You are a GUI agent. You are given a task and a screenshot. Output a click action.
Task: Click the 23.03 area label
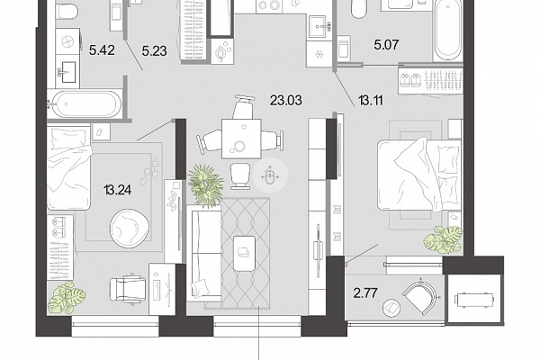click(286, 101)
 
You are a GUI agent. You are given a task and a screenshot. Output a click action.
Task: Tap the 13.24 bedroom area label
click(117, 190)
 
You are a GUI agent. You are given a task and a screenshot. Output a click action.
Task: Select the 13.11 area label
click(371, 101)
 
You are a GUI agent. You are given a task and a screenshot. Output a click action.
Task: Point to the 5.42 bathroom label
click(102, 50)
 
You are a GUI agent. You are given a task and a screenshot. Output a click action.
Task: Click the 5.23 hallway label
click(154, 51)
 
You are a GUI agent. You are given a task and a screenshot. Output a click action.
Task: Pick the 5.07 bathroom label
click(386, 45)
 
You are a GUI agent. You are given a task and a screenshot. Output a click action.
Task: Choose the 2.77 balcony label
click(365, 293)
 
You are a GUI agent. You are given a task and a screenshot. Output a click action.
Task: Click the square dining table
click(241, 139)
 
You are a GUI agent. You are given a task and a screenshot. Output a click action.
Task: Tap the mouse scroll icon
click(270, 175)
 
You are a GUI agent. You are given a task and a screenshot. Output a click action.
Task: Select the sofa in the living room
click(204, 253)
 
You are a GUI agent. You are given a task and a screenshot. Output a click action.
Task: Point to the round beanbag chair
click(130, 228)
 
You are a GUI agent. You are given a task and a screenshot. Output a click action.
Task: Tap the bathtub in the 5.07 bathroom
click(447, 31)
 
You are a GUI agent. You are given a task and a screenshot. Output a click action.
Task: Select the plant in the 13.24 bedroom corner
click(67, 297)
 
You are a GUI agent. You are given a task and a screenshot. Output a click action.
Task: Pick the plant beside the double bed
click(443, 238)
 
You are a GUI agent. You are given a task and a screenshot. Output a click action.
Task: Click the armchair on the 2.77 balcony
click(420, 295)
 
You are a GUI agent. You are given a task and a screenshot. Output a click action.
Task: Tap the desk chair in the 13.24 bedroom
click(128, 289)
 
